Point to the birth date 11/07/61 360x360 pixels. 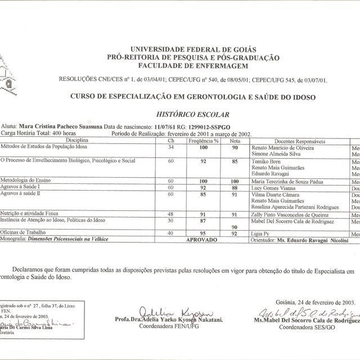tap(166, 128)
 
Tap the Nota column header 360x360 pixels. tap(235, 140)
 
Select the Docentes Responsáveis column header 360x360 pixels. tap(299, 140)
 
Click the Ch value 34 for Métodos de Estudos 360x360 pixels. tap(172, 147)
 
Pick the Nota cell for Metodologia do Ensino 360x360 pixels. tap(235, 182)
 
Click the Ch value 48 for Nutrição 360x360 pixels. tap(172, 215)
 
